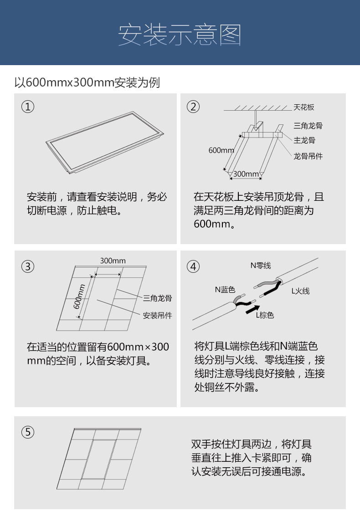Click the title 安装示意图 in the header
[180, 35]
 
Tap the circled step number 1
[28, 107]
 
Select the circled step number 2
[193, 107]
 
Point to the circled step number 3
[28, 266]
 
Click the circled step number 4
[193, 266]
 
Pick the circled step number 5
[28, 432]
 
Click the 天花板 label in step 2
[303, 107]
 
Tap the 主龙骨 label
[304, 141]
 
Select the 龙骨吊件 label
[308, 156]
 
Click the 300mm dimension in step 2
[246, 174]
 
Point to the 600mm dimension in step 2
[221, 150]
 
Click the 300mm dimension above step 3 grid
[113, 261]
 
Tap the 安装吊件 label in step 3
[157, 316]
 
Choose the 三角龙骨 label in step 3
[157, 298]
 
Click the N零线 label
[261, 266]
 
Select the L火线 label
[300, 291]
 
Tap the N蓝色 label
[225, 290]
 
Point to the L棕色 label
[265, 315]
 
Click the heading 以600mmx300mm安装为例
[87, 82]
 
